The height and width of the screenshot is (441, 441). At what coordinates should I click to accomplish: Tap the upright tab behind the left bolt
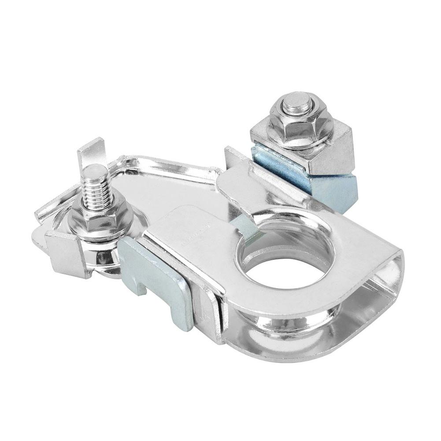pos(91,150)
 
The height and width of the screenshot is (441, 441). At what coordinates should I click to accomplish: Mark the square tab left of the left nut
pos(66,253)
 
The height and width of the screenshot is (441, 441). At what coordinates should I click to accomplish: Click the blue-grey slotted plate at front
pos(163,282)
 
